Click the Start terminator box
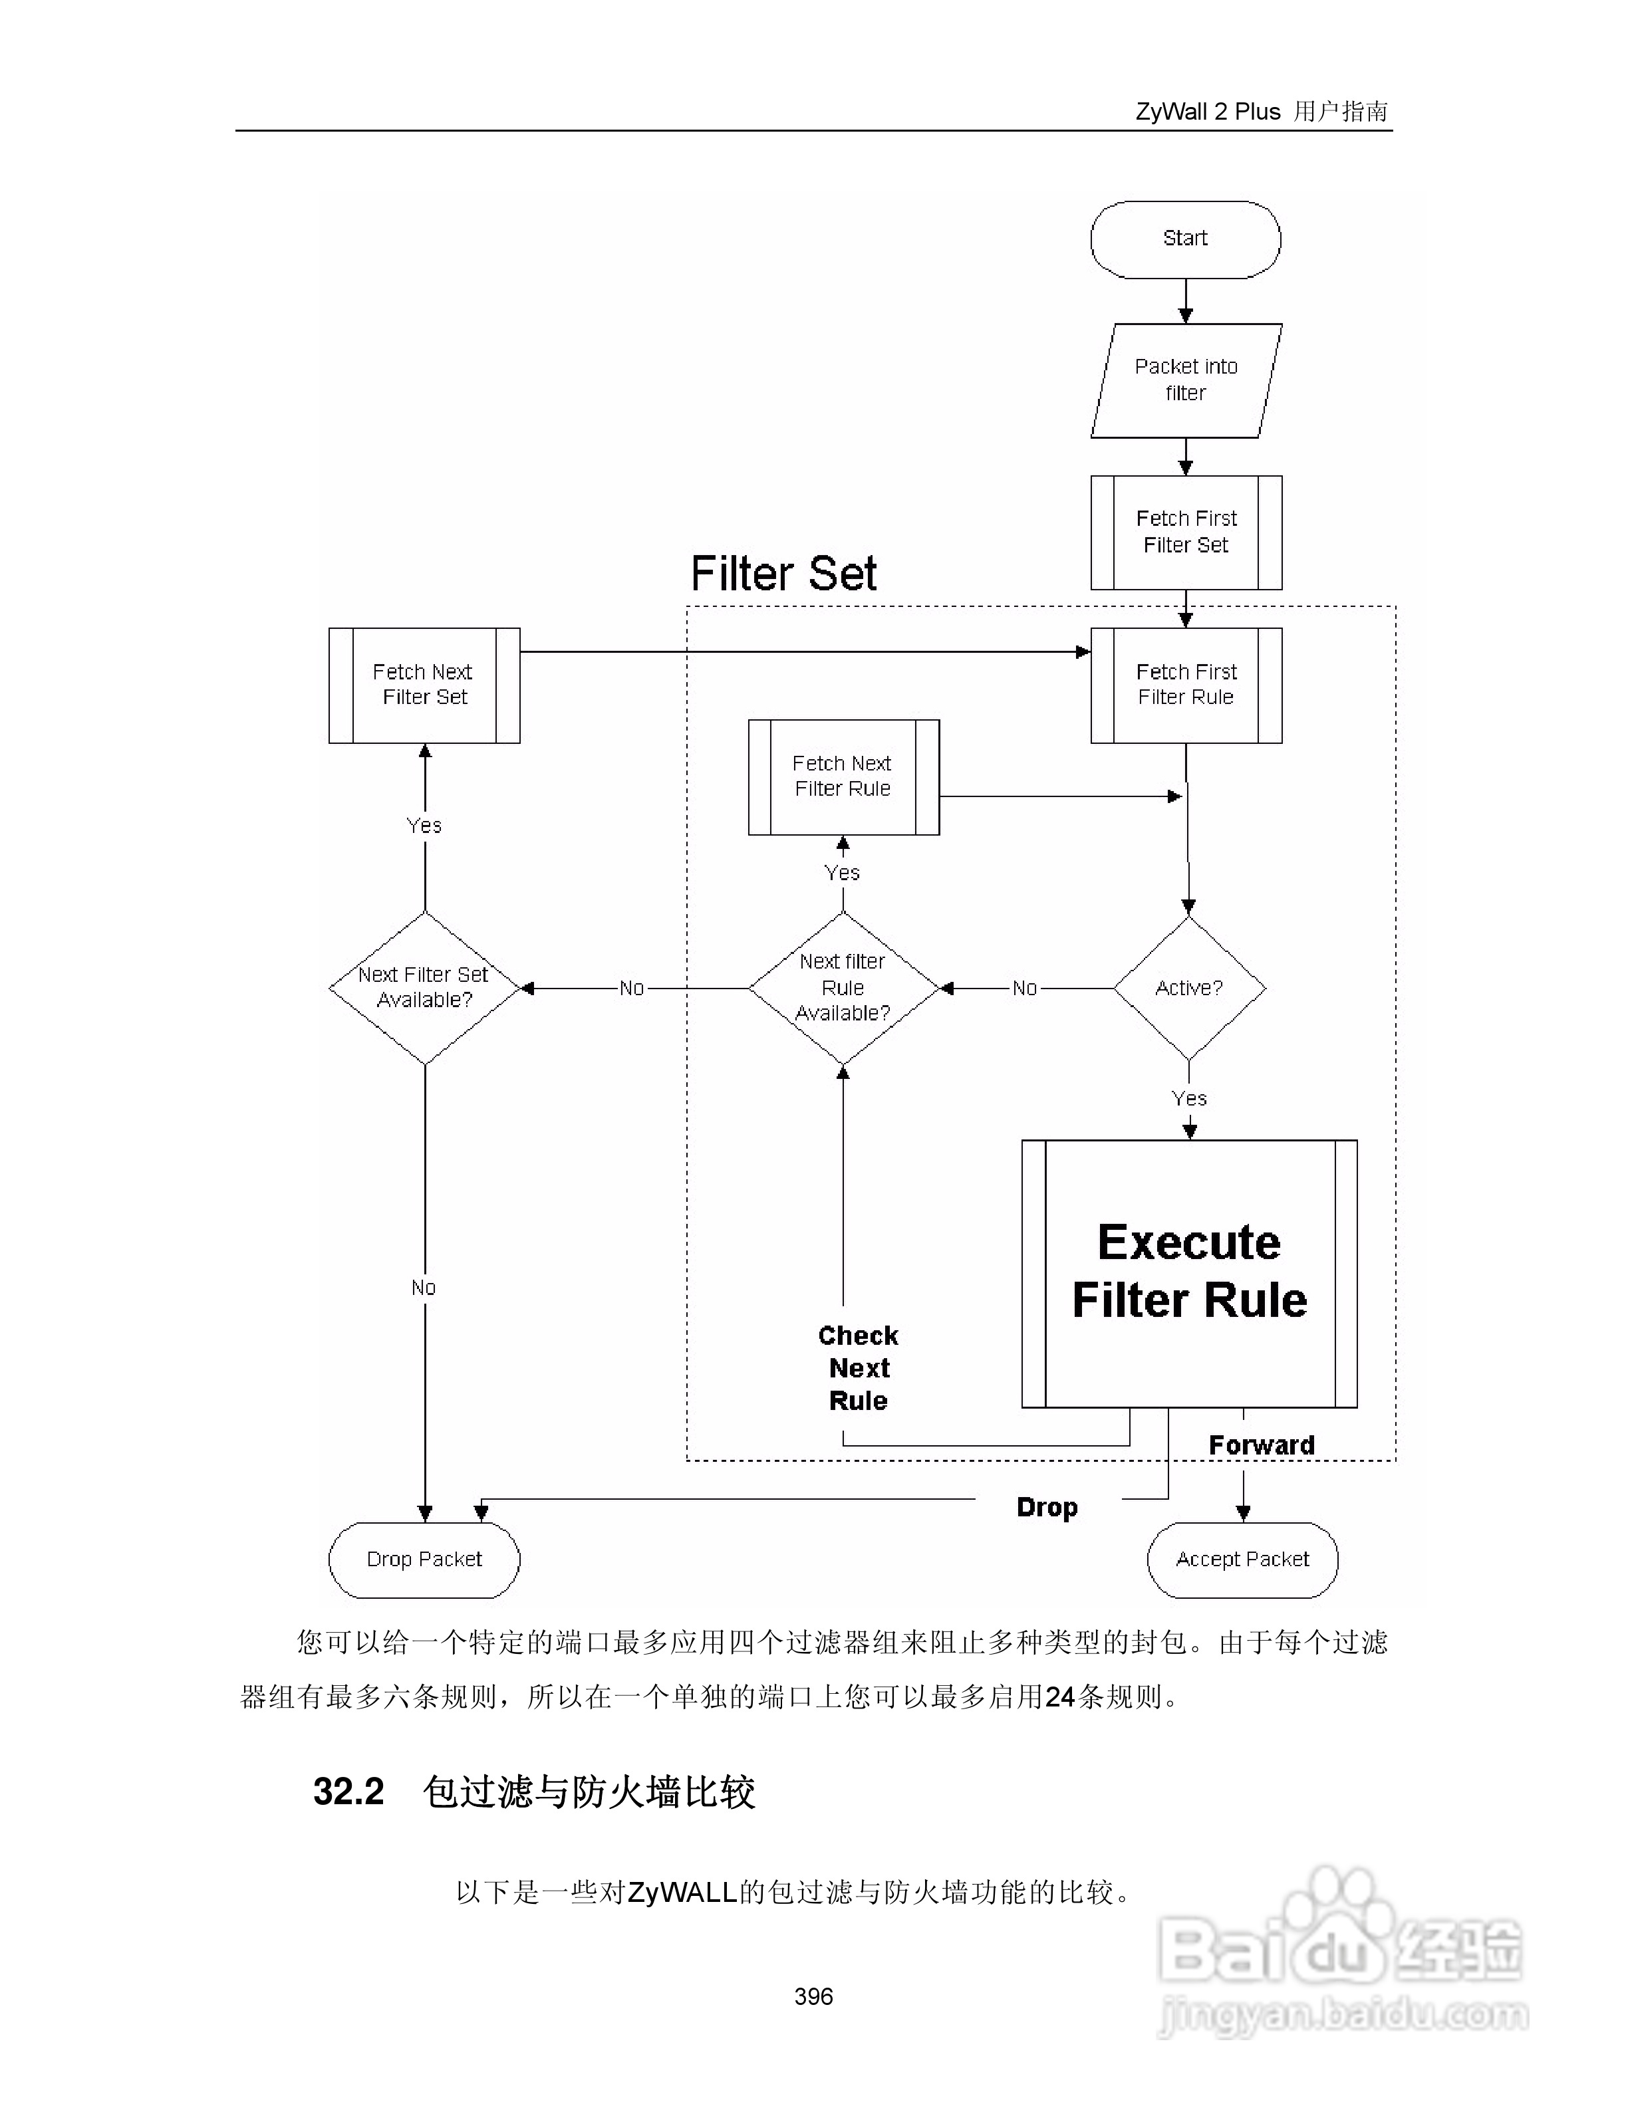[1185, 239]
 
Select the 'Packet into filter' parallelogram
[1185, 380]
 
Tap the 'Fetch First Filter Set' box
[1185, 532]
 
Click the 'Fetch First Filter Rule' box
[1185, 685]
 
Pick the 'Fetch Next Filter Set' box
[424, 685]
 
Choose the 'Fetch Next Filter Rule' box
[843, 776]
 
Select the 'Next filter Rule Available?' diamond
[843, 987]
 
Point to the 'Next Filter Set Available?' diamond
[424, 987]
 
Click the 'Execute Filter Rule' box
[1189, 1273]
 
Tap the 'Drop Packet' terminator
[424, 1560]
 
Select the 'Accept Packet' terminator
[1242, 1560]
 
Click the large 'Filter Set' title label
[783, 574]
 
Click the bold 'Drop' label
[1047, 1507]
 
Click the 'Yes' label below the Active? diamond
[1189, 1098]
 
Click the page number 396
[813, 1997]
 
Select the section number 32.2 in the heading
[348, 1792]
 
